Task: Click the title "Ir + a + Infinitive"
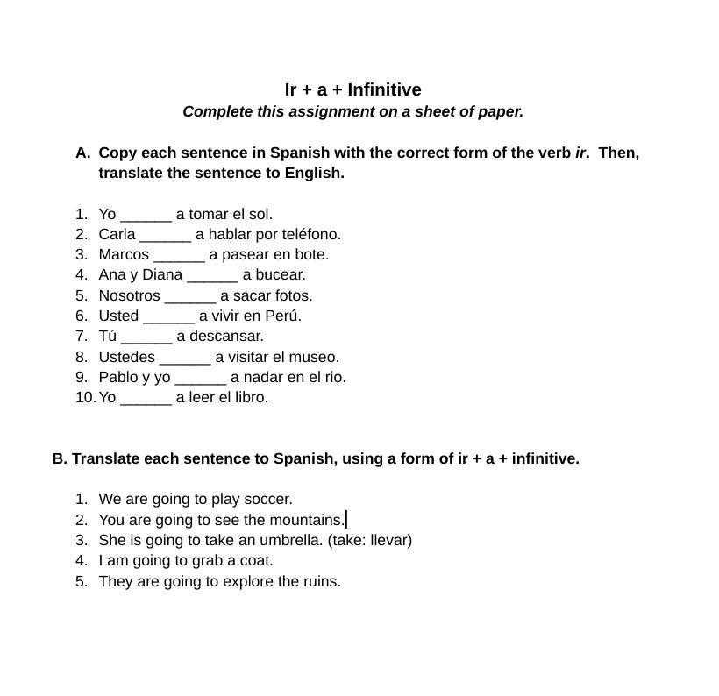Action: tap(352, 89)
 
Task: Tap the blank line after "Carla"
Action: tap(165, 235)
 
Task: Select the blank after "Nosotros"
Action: tap(190, 296)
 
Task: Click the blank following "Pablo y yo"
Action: tap(201, 378)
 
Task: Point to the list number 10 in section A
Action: tap(84, 397)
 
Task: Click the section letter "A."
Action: tap(82, 153)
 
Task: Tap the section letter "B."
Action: tap(60, 458)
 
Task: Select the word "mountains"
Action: tap(306, 520)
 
